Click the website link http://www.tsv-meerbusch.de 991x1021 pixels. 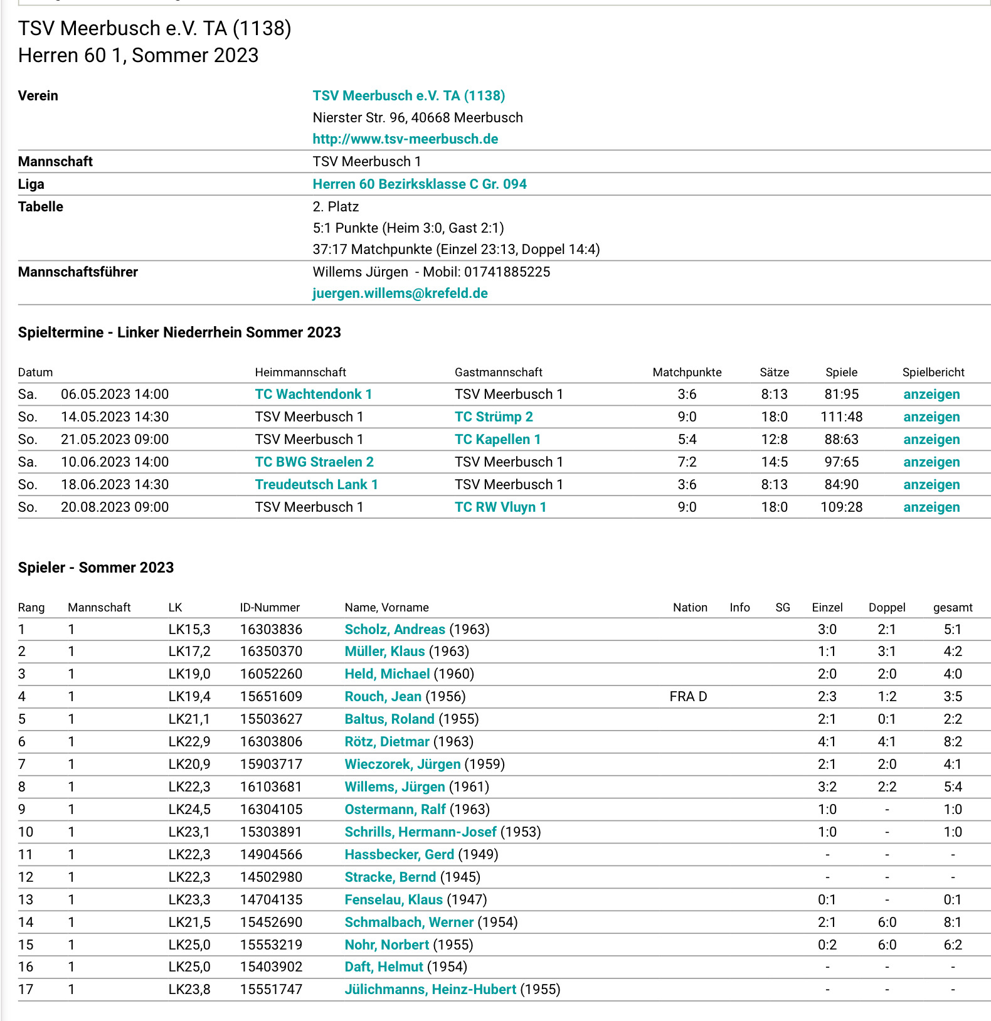405,139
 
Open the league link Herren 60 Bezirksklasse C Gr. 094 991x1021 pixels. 419,184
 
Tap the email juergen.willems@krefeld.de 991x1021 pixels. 400,293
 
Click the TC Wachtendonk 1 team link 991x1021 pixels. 313,394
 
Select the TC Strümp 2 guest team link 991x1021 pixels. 494,416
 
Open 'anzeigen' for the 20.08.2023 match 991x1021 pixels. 931,507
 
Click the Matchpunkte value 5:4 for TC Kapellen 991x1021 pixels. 687,439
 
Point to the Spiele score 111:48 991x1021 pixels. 841,416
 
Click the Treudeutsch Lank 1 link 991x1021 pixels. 316,484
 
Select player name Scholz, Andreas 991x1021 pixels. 395,629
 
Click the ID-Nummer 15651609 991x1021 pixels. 271,696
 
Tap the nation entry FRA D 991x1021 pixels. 688,696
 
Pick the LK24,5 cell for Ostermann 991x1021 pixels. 189,809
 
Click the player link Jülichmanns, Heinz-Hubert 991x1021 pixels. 430,989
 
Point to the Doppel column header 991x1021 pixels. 886,607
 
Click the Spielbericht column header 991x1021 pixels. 933,372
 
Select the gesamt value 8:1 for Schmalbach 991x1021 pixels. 952,922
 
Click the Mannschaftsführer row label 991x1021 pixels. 78,272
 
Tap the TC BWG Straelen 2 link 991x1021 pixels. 314,462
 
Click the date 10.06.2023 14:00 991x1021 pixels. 115,462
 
